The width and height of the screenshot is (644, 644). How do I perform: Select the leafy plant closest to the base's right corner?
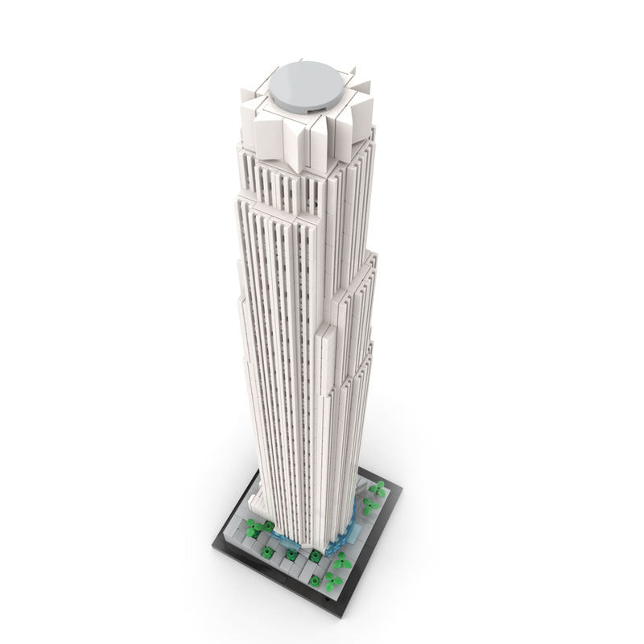pos(376,488)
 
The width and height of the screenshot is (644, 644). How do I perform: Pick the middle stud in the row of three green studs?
pos(291,555)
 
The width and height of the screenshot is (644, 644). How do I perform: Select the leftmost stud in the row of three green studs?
pos(267,551)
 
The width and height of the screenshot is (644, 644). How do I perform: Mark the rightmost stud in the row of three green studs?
pos(315,555)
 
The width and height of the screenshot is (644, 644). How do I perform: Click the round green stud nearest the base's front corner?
pos(315,580)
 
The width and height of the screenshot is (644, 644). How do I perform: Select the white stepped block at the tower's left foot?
pos(262,503)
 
